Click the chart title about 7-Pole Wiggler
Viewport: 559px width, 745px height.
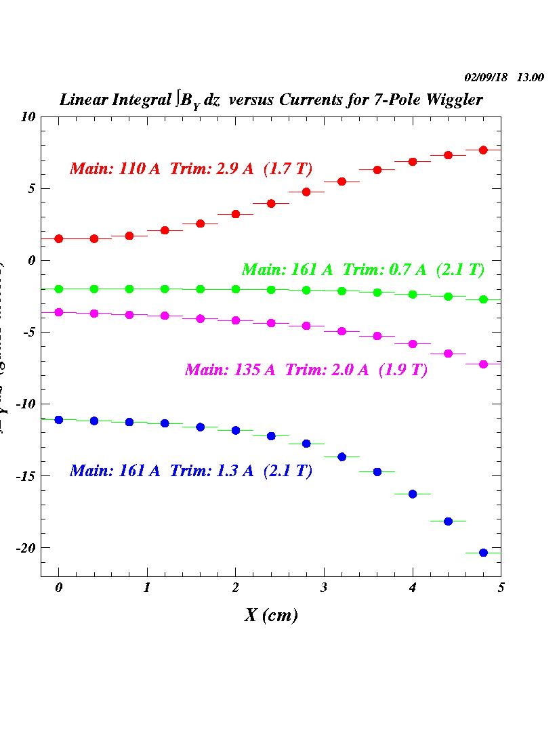271,100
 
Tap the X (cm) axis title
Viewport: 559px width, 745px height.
271,615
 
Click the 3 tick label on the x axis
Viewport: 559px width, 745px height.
324,588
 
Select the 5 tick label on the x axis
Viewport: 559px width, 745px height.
500,588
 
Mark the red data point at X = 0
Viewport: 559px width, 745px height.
59,238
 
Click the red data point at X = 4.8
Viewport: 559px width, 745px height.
483,150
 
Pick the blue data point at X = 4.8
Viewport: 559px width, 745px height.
483,553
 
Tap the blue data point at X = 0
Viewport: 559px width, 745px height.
59,420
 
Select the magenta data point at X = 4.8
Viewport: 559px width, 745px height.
483,364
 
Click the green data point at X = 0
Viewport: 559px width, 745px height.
59,289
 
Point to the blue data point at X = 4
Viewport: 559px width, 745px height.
413,494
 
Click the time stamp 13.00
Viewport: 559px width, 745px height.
530,77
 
